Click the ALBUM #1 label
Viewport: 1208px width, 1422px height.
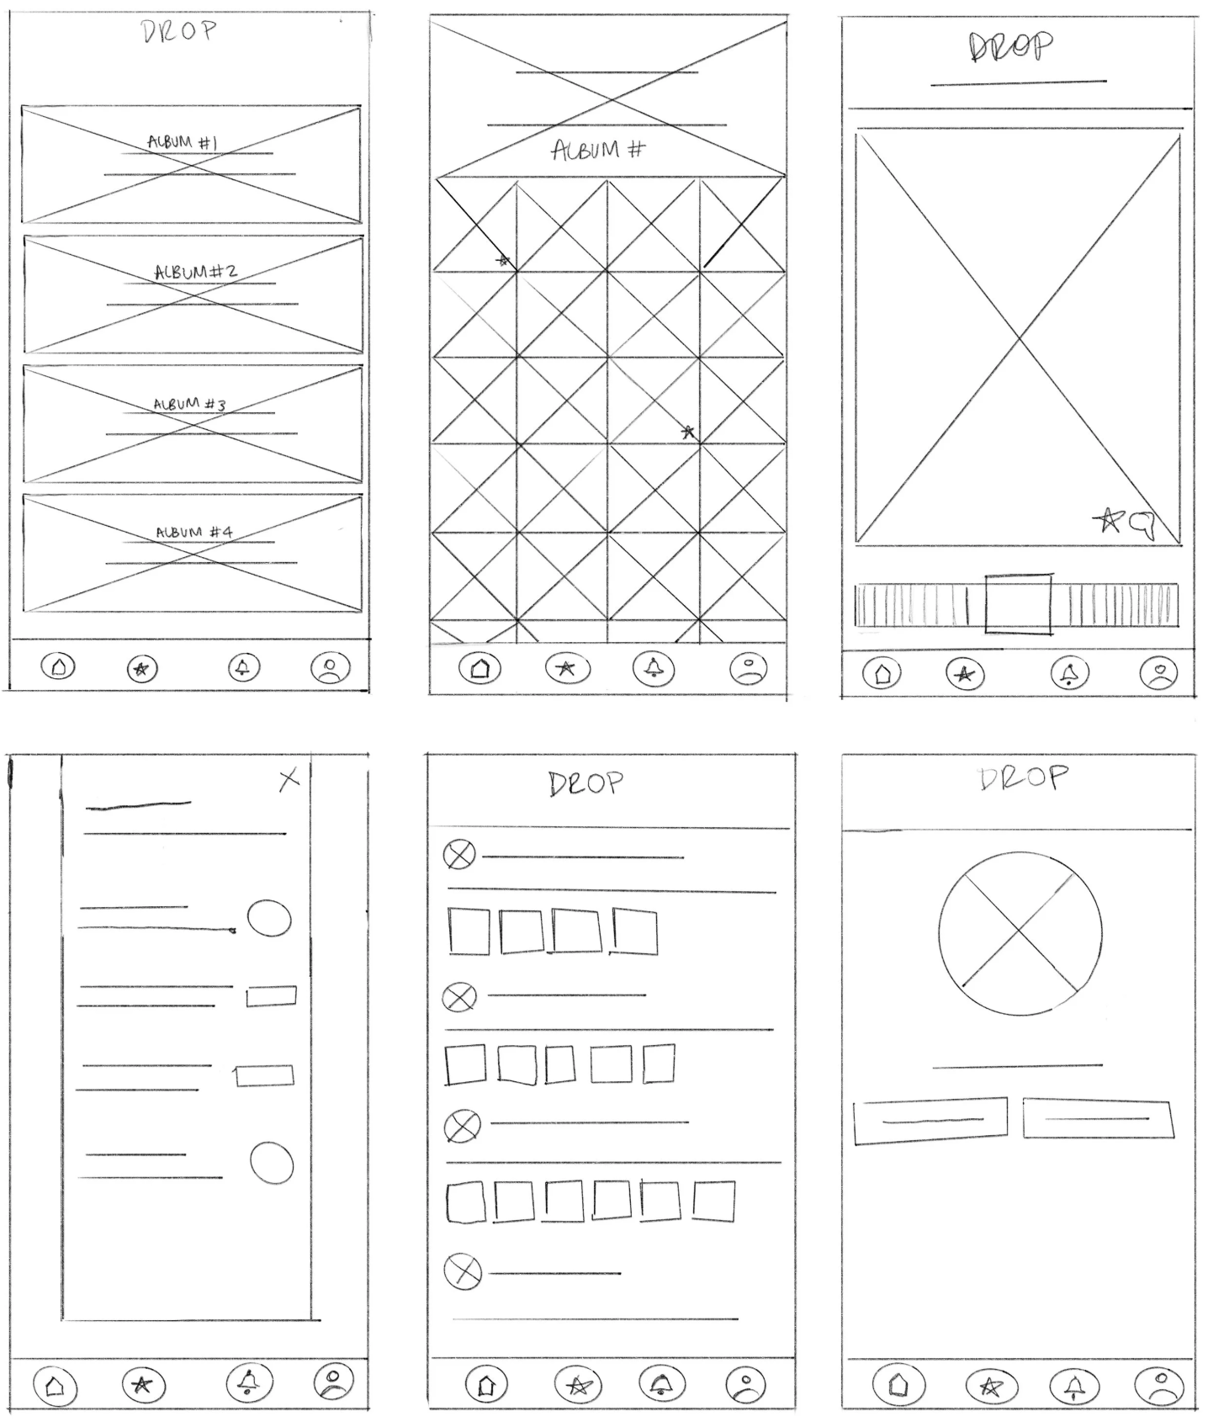click(183, 142)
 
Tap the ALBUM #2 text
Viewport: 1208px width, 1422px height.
click(196, 272)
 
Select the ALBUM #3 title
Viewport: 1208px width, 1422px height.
click(189, 405)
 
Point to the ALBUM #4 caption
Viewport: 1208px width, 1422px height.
click(194, 533)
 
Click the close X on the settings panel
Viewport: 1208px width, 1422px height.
click(289, 780)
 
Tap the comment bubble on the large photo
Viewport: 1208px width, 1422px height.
click(1142, 524)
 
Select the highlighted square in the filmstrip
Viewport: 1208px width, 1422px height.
click(1018, 604)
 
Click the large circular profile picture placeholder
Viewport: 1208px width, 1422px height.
click(1020, 933)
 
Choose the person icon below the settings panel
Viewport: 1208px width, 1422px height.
click(334, 1382)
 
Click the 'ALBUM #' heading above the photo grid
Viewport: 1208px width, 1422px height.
click(598, 151)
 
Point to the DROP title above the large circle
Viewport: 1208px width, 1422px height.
click(1023, 778)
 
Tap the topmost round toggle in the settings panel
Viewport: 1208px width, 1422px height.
click(269, 918)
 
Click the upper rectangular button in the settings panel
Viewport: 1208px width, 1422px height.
click(271, 996)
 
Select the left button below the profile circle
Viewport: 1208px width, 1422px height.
click(930, 1120)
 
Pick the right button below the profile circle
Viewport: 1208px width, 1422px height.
click(1098, 1118)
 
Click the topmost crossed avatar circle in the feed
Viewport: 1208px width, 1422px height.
click(459, 854)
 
